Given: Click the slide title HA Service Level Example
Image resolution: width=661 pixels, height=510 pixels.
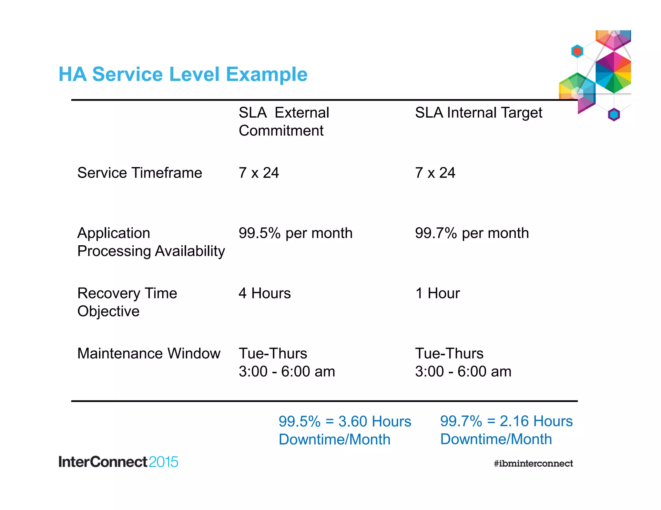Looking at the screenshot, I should (183, 74).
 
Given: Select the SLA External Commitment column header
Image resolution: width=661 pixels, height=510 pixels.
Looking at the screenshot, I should (284, 122).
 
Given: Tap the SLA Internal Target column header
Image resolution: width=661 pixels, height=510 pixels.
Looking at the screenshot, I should (478, 113).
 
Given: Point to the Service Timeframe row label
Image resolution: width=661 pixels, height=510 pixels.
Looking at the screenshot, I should (139, 173).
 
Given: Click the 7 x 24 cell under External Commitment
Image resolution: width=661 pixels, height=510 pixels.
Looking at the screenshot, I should (259, 173).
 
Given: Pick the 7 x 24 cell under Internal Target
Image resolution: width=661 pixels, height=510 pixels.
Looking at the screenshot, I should (435, 173).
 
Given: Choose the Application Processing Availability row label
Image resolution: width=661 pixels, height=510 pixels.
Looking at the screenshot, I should (151, 242).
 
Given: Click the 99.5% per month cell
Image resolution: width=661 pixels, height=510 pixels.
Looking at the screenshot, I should (295, 233).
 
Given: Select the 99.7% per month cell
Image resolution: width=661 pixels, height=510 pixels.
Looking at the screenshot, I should (472, 233).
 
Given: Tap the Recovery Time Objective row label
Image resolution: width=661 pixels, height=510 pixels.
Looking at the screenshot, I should (127, 302).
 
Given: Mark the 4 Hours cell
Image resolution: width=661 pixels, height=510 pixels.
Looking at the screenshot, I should (265, 293).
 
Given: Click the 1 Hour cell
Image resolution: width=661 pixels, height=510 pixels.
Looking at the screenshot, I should (437, 293).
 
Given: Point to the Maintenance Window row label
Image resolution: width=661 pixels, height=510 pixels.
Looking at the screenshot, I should (149, 353).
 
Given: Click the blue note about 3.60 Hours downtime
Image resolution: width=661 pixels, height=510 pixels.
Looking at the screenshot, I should (345, 430).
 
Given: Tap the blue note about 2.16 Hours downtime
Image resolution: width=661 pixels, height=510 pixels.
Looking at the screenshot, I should (506, 430).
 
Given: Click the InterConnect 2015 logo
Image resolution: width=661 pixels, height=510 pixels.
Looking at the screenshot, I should (118, 462).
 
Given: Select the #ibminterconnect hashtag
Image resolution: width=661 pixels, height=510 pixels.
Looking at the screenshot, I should (533, 464).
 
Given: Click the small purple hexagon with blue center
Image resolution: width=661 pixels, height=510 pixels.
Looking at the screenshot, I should (614, 114).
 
